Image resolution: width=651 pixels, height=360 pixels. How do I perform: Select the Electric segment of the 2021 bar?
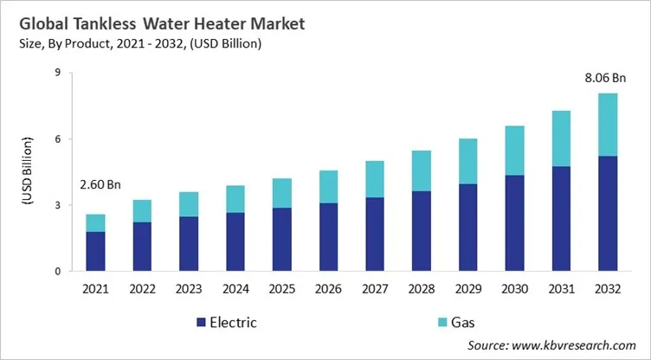coord(96,251)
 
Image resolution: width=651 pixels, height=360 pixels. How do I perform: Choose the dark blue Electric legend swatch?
coord(203,322)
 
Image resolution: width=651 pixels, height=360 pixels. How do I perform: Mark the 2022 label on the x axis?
coord(143,288)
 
